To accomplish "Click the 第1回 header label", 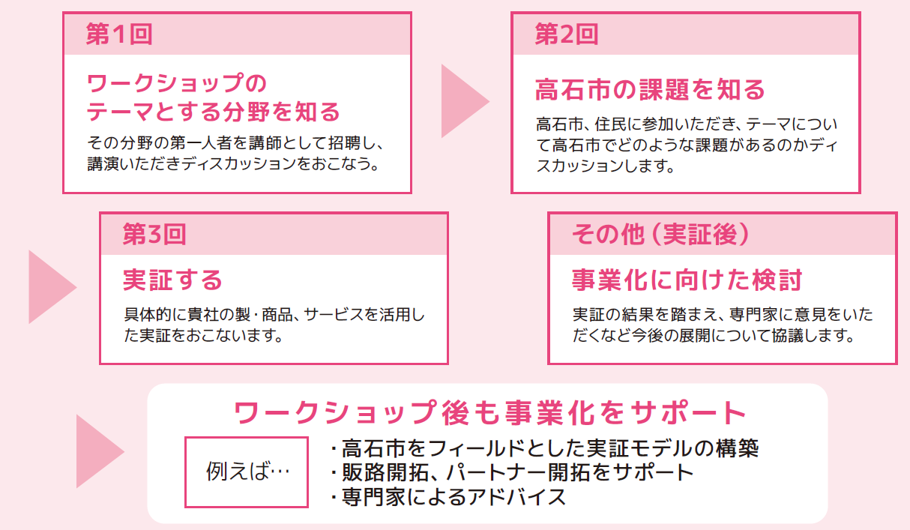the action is [x=119, y=34].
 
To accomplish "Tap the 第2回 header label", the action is [x=567, y=34].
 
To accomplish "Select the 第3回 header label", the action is [x=154, y=234].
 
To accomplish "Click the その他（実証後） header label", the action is [x=660, y=234].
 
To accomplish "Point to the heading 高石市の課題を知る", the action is [x=650, y=89].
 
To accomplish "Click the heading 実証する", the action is [x=172, y=280].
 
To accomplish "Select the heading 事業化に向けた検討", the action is [x=687, y=280].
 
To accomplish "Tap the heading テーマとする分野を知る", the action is [x=214, y=111].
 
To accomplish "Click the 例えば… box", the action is [x=247, y=472].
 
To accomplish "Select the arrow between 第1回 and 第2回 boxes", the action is [x=465, y=100].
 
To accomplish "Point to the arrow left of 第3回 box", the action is [x=52, y=286].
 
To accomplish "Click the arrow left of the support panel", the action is [x=100, y=451].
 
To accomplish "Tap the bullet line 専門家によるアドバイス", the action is [x=448, y=497].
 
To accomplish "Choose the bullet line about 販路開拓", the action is [x=512, y=472].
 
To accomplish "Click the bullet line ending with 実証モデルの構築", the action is [x=545, y=448].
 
